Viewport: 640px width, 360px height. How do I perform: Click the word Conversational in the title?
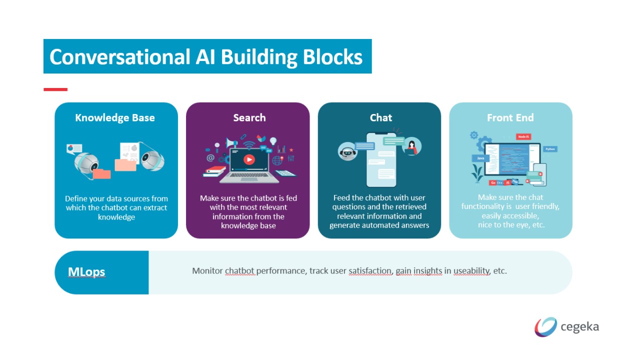pyautogui.click(x=117, y=57)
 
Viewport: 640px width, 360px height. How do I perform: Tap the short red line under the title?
pyautogui.click(x=55, y=89)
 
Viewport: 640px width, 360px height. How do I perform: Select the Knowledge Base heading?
pyautogui.click(x=115, y=118)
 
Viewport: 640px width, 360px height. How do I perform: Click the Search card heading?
pyautogui.click(x=249, y=118)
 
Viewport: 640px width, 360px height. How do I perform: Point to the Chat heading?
pyautogui.click(x=380, y=118)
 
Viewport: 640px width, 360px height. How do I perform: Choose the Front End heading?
pyautogui.click(x=510, y=118)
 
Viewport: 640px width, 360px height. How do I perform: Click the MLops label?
pyautogui.click(x=86, y=272)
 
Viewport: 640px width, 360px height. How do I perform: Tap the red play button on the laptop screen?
pyautogui.click(x=248, y=159)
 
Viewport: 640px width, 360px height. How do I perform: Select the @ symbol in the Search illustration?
pyautogui.click(x=210, y=158)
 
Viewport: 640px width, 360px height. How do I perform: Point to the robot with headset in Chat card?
pyautogui.click(x=348, y=150)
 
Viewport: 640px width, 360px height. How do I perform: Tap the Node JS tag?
pyautogui.click(x=523, y=136)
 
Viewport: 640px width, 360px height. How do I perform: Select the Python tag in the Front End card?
pyautogui.click(x=550, y=149)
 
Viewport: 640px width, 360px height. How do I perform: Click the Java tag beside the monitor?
pyautogui.click(x=480, y=158)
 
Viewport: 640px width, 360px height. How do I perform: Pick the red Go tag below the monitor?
pyautogui.click(x=493, y=183)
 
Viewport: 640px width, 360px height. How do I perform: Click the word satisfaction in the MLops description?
pyautogui.click(x=370, y=271)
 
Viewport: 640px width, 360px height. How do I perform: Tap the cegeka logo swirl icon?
pyautogui.click(x=545, y=327)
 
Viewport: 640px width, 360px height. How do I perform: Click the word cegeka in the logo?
pyautogui.click(x=579, y=327)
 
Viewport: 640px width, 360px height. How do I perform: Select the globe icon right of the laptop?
pyautogui.click(x=277, y=160)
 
